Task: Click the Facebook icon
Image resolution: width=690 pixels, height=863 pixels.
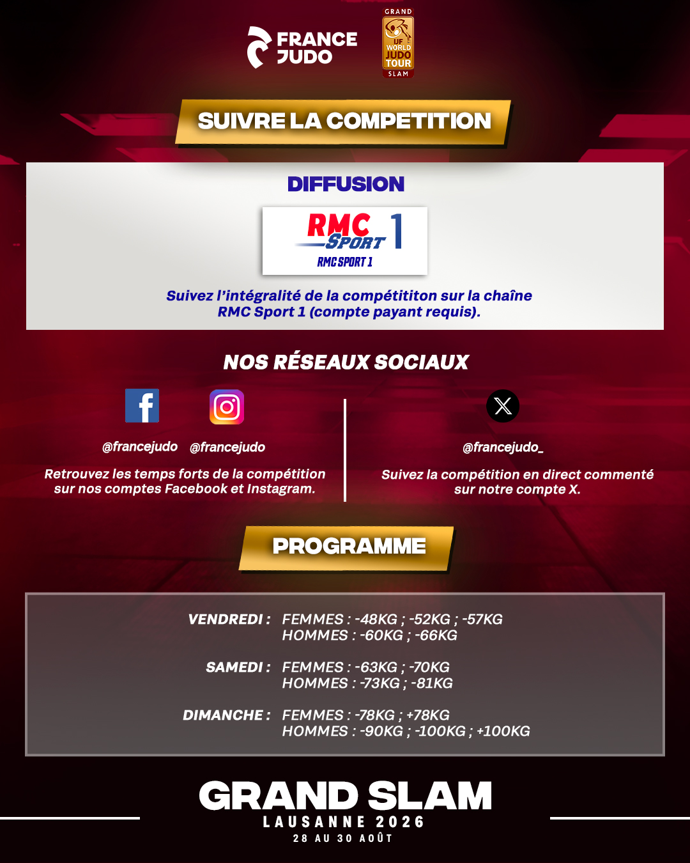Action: [142, 405]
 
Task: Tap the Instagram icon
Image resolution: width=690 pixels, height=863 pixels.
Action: [227, 407]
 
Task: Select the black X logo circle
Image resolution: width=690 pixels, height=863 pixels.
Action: [503, 406]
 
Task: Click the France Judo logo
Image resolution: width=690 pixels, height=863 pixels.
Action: [302, 47]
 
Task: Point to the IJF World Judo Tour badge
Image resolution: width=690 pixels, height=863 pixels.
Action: [398, 42]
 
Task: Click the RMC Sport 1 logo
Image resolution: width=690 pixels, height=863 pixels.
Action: [345, 240]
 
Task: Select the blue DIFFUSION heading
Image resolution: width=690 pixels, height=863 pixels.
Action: [346, 184]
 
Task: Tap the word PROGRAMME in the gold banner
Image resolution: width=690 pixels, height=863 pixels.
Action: [349, 546]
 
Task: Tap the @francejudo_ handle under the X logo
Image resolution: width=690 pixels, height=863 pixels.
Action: [503, 447]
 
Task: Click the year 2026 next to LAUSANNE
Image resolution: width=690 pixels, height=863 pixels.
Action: [400, 821]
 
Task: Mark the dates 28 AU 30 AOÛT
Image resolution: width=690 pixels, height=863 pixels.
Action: [343, 838]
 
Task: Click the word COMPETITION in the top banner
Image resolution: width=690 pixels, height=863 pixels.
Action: [409, 121]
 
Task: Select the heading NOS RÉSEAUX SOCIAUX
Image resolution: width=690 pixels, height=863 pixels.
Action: [346, 362]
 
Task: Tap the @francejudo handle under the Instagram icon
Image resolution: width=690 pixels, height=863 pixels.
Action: [227, 447]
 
